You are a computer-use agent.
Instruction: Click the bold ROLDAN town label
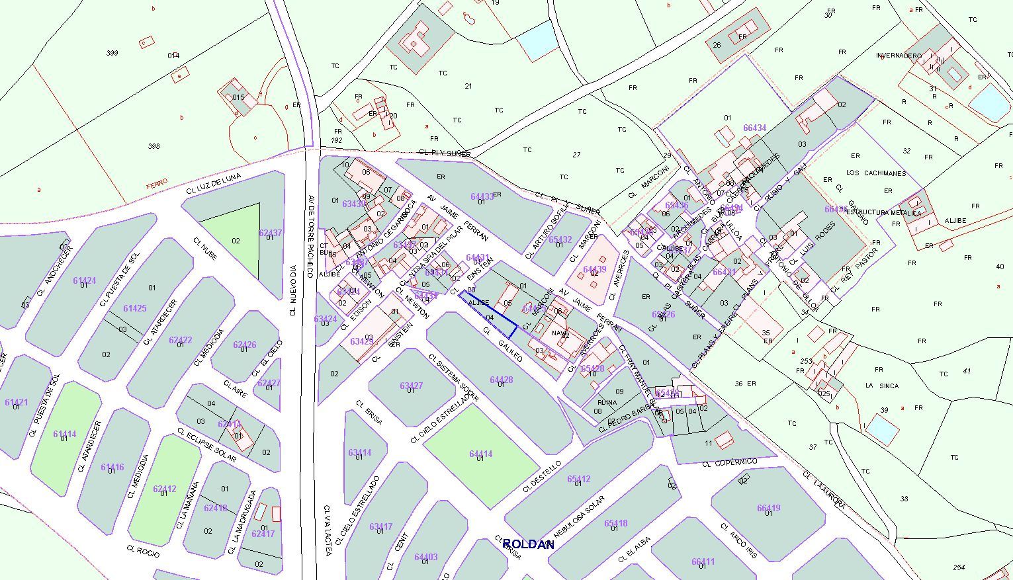click(x=528, y=544)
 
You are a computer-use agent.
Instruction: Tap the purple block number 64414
click(x=481, y=454)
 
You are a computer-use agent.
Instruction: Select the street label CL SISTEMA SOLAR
click(x=453, y=378)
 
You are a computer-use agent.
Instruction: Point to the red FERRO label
click(x=157, y=182)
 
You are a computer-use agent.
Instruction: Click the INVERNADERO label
click(x=899, y=56)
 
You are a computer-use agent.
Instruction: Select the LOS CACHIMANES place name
click(x=876, y=173)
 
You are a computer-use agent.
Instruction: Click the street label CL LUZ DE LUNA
click(x=213, y=181)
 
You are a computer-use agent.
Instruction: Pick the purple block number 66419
click(x=768, y=508)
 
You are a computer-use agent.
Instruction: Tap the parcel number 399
click(x=112, y=52)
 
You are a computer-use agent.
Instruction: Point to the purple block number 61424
click(x=84, y=280)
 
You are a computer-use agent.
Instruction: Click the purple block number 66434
click(x=754, y=128)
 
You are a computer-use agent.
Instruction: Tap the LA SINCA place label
click(x=882, y=386)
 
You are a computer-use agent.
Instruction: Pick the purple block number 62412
click(x=164, y=489)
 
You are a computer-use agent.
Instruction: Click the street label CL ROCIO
click(x=143, y=552)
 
